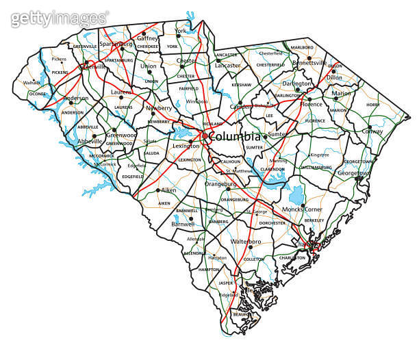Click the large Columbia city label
pos(235,136)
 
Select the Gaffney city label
pos(147,39)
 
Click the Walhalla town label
pos(32,83)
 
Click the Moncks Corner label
pos(303,208)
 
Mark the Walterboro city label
pos(246,242)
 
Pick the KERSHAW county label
pos(241,85)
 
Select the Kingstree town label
pos(320,155)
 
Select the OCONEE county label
pos(38,94)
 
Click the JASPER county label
pos(225,282)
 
